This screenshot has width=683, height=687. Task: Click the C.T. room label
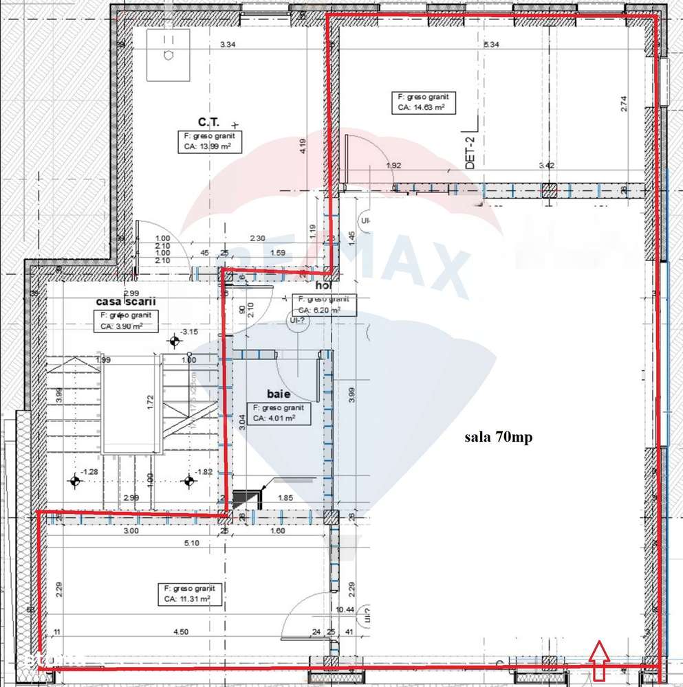[x=208, y=122]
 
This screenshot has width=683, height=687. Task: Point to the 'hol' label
[x=323, y=284]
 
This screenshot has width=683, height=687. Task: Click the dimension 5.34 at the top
[x=491, y=45]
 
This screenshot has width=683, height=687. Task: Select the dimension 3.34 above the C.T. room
[x=228, y=45]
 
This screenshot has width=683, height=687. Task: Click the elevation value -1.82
[x=203, y=471]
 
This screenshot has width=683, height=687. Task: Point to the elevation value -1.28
[x=89, y=471]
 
